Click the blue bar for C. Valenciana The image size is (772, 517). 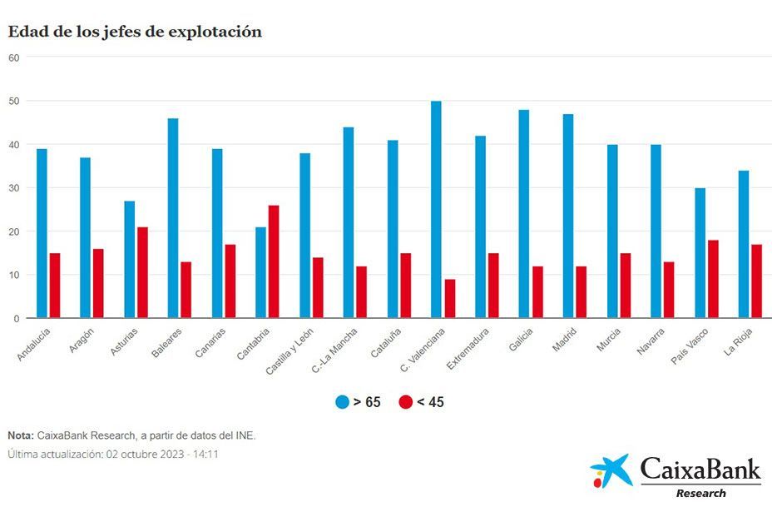click(436, 209)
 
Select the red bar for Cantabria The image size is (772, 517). click(275, 261)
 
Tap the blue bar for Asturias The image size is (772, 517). click(129, 259)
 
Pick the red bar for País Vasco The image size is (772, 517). click(713, 279)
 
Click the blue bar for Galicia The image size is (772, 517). click(523, 214)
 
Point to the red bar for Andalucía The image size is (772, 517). click(55, 286)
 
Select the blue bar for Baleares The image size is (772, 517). click(173, 218)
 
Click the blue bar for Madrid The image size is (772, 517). click(567, 216)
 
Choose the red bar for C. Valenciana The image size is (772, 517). click(450, 299)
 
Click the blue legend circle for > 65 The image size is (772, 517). click(342, 402)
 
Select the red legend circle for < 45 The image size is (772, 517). click(405, 402)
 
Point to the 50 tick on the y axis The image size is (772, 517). click(13, 101)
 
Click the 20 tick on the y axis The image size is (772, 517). click(13, 231)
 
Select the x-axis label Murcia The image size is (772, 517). click(608, 342)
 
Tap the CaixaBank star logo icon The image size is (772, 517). click(611, 471)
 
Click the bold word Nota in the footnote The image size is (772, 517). click(20, 435)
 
